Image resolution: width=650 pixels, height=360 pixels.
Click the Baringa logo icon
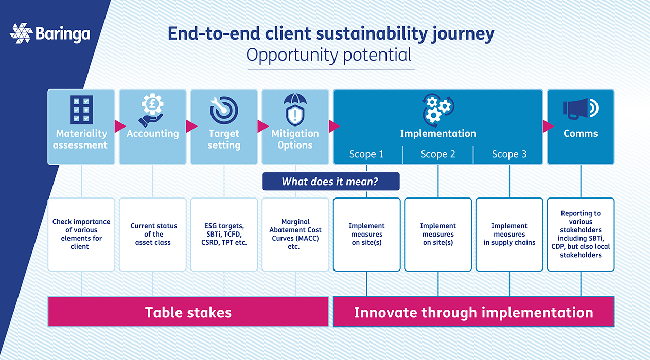click(21, 33)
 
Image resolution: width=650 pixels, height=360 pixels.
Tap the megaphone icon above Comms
click(581, 109)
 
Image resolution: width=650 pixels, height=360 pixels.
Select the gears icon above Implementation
click(438, 110)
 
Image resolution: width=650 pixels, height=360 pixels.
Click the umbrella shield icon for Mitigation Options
click(295, 110)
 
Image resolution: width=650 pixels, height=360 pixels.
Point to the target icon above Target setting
click(224, 110)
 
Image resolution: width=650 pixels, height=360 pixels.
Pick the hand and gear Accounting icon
click(152, 110)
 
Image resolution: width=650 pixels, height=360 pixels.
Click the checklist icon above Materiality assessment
click(81, 110)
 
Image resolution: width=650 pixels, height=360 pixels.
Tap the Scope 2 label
click(438, 154)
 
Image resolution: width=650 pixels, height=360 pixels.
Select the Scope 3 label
click(510, 154)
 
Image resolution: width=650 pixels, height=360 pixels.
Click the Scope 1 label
click(366, 154)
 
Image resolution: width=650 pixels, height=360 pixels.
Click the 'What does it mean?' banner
click(331, 182)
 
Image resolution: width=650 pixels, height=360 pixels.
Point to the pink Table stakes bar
click(188, 312)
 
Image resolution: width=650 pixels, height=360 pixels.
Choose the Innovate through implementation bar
click(473, 312)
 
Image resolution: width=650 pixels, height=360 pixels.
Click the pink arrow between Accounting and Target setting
click(191, 126)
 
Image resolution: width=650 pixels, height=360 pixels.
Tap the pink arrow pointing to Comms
click(548, 126)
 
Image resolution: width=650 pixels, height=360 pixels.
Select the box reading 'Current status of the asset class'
click(153, 235)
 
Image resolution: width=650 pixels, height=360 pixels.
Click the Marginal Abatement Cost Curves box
click(295, 235)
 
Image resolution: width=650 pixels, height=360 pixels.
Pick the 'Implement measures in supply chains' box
click(510, 235)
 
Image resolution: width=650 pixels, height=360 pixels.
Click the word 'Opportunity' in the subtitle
click(292, 55)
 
